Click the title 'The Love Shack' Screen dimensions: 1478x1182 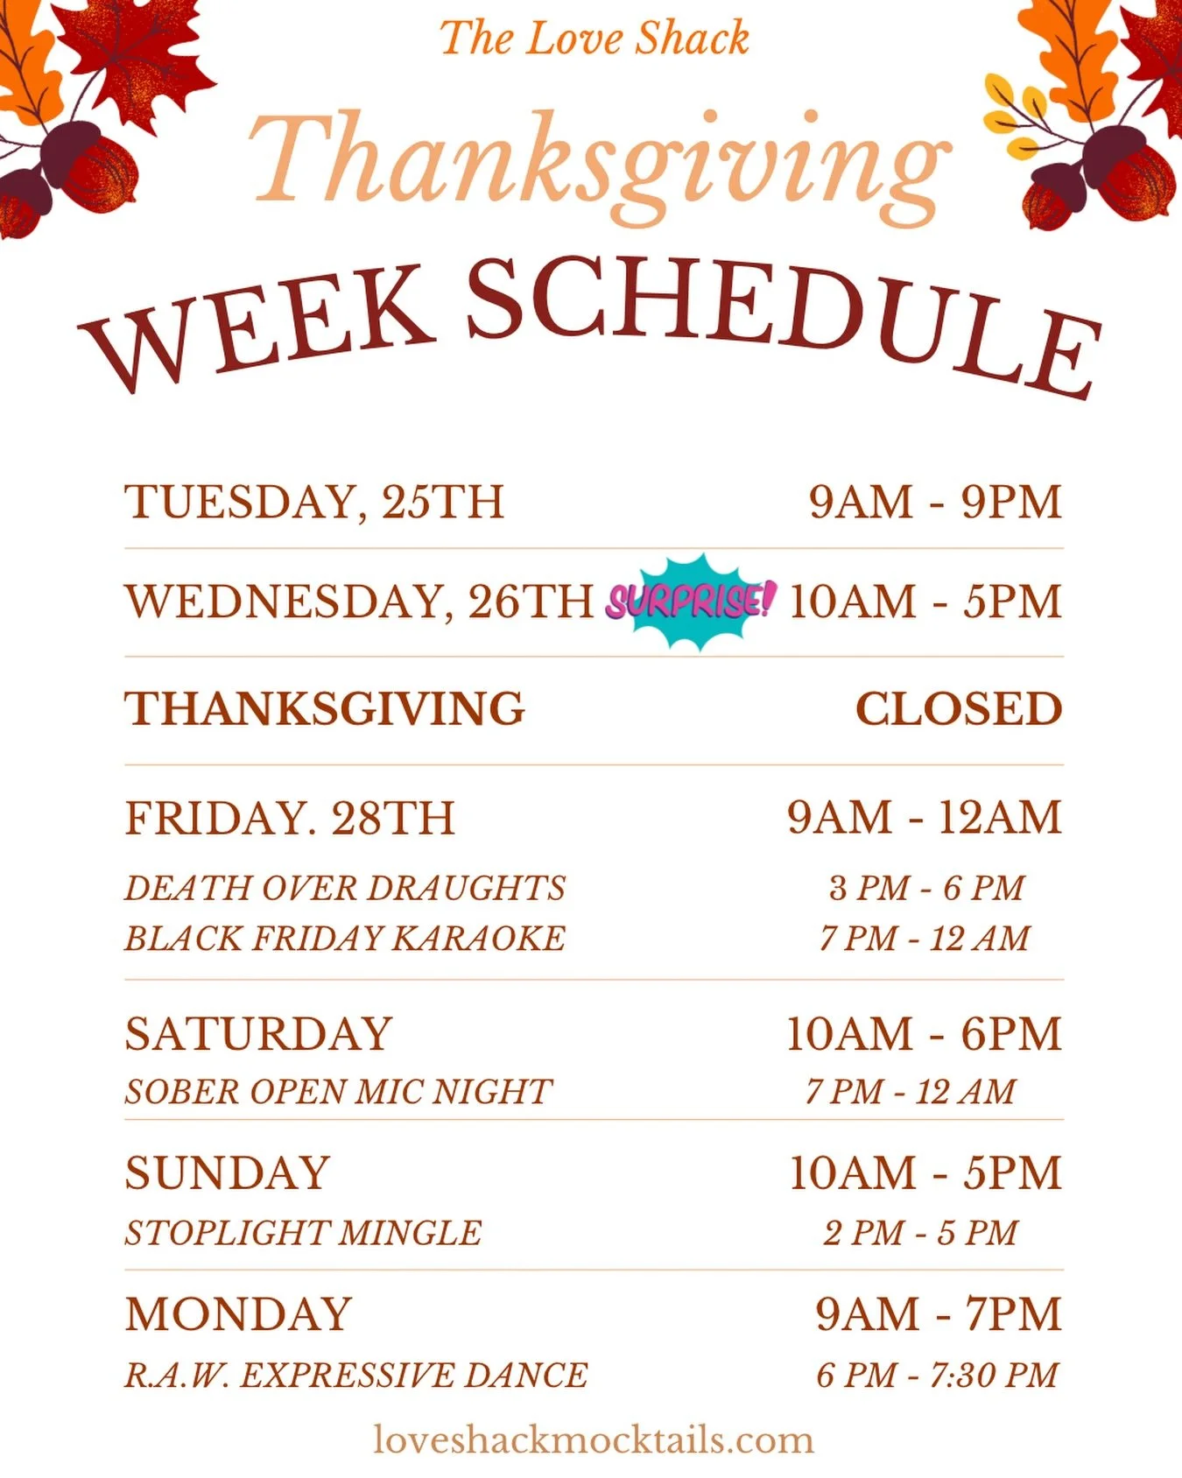pos(594,39)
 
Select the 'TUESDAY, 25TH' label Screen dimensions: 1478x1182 pos(314,503)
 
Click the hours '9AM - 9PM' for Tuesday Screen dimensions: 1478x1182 pos(934,503)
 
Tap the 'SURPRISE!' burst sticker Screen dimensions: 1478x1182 pos(691,602)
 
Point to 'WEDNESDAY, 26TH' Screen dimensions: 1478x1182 pos(359,602)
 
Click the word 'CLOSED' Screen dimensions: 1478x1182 pos(958,709)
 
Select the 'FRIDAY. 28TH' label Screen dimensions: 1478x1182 pos(290,819)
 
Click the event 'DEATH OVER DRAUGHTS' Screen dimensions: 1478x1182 pos(345,888)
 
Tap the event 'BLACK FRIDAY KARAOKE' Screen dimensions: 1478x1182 pos(345,939)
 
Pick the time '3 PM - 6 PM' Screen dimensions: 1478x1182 pos(926,888)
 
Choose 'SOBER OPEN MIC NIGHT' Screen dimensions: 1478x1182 pos(338,1092)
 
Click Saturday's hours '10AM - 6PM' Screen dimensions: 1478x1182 pos(923,1034)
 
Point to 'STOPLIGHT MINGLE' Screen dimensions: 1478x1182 pos(303,1233)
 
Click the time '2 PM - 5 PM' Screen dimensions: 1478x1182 pos(920,1233)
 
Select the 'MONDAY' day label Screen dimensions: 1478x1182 pos(238,1314)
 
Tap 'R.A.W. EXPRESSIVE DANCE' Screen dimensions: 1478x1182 pos(355,1376)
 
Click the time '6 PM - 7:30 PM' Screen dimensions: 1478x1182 pos(937,1376)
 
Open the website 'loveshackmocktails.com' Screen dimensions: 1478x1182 pos(594,1439)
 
